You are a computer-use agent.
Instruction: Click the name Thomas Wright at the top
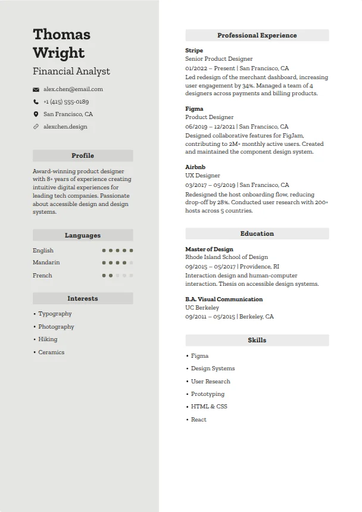tap(61, 43)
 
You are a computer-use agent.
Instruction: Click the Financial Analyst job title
tap(71, 71)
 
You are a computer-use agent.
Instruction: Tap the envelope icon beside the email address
tap(36, 89)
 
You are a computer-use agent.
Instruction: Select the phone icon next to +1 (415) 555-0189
tap(36, 102)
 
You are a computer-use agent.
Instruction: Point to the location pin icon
tap(36, 114)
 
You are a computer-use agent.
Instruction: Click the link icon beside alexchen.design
tap(36, 127)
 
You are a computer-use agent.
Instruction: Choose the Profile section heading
tap(83, 156)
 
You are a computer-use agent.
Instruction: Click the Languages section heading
tap(83, 236)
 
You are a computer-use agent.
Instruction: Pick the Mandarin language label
tap(46, 263)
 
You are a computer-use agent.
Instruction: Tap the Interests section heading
tap(83, 299)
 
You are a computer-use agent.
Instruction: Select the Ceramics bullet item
tap(51, 352)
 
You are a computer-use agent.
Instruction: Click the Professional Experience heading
tap(257, 36)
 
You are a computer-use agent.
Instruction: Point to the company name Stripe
tap(194, 51)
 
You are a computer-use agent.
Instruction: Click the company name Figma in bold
tap(194, 109)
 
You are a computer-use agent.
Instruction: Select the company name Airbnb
tap(195, 167)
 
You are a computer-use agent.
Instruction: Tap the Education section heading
tap(257, 234)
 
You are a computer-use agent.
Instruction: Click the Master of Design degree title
tap(209, 249)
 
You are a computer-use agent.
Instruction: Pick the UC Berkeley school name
tap(202, 308)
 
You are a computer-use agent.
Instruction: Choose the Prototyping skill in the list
tap(207, 394)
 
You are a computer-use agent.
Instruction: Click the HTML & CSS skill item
tap(209, 407)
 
